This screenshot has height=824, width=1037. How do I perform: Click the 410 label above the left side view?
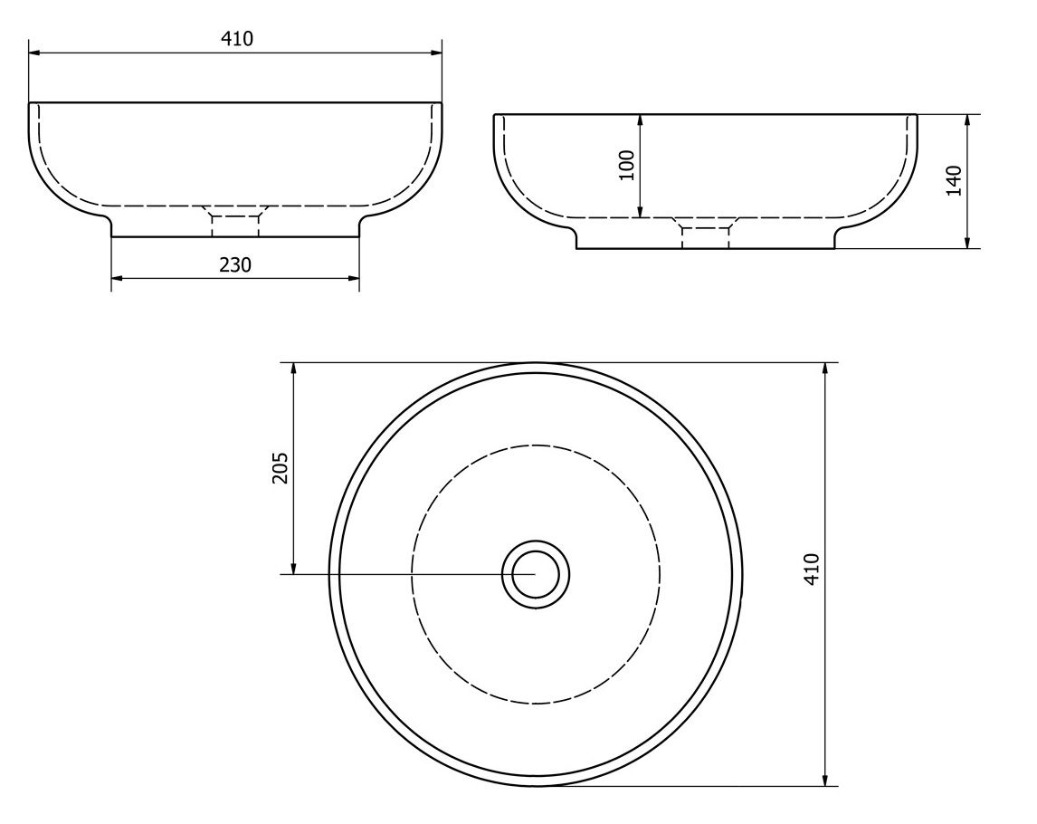click(x=236, y=39)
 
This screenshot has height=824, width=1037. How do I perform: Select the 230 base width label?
click(x=235, y=264)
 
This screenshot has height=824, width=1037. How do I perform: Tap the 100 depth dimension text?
click(x=627, y=166)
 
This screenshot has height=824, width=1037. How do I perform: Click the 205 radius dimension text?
click(x=281, y=467)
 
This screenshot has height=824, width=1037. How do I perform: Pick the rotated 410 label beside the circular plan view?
click(x=812, y=568)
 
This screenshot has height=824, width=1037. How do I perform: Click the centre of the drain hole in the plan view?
click(x=536, y=573)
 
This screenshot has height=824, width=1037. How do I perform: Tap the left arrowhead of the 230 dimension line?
click(x=117, y=279)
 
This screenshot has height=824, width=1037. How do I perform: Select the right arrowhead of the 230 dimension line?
click(x=353, y=279)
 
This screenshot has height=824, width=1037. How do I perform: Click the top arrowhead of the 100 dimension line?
click(x=640, y=120)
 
